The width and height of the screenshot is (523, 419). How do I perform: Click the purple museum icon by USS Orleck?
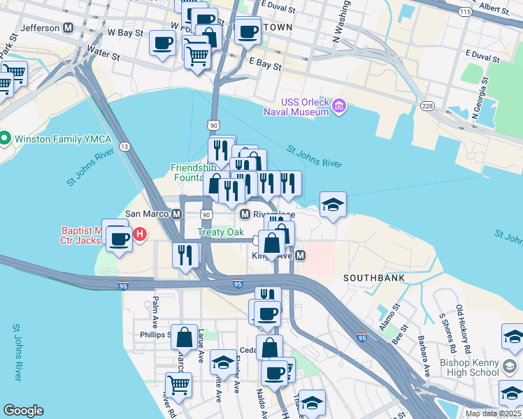point(339,107)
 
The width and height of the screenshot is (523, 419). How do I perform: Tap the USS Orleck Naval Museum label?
point(295,107)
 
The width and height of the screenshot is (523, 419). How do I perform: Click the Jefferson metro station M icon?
point(69,28)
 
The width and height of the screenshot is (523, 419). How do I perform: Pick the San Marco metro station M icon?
point(178,214)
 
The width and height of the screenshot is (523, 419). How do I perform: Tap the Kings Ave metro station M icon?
point(300,256)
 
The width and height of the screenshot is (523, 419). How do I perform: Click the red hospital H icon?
point(139,233)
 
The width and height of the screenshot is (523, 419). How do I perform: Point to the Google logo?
point(23,411)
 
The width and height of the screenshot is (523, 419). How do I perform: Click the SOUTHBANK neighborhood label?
point(375,278)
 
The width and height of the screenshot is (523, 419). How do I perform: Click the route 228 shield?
point(427,105)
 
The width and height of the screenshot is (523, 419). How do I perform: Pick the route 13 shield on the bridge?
point(124,146)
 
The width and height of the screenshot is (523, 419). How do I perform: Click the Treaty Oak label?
point(220,232)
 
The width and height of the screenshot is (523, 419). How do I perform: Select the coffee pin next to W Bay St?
point(163,43)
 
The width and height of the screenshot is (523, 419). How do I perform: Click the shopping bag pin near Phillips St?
point(184,338)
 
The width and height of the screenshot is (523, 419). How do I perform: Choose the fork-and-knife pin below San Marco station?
point(185,254)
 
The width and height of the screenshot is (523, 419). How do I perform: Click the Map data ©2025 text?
point(493,413)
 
